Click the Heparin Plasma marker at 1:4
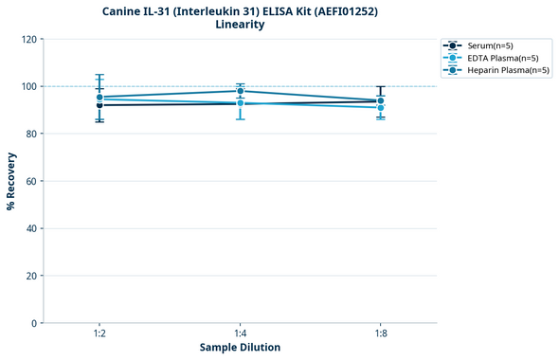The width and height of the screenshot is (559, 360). click(240, 91)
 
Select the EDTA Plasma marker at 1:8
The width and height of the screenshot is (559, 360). click(380, 108)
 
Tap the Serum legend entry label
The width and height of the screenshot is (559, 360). click(490, 45)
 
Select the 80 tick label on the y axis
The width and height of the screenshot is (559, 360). click(30, 134)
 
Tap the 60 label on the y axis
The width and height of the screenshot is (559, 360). click(30, 181)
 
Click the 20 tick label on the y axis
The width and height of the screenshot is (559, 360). click(30, 276)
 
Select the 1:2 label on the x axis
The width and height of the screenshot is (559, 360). click(99, 334)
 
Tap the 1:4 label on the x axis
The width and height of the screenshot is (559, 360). click(240, 334)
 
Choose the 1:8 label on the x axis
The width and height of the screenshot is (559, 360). click(380, 334)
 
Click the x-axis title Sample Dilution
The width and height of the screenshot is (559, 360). click(240, 348)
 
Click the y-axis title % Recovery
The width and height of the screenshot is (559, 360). click(11, 181)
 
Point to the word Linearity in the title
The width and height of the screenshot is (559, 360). click(240, 25)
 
